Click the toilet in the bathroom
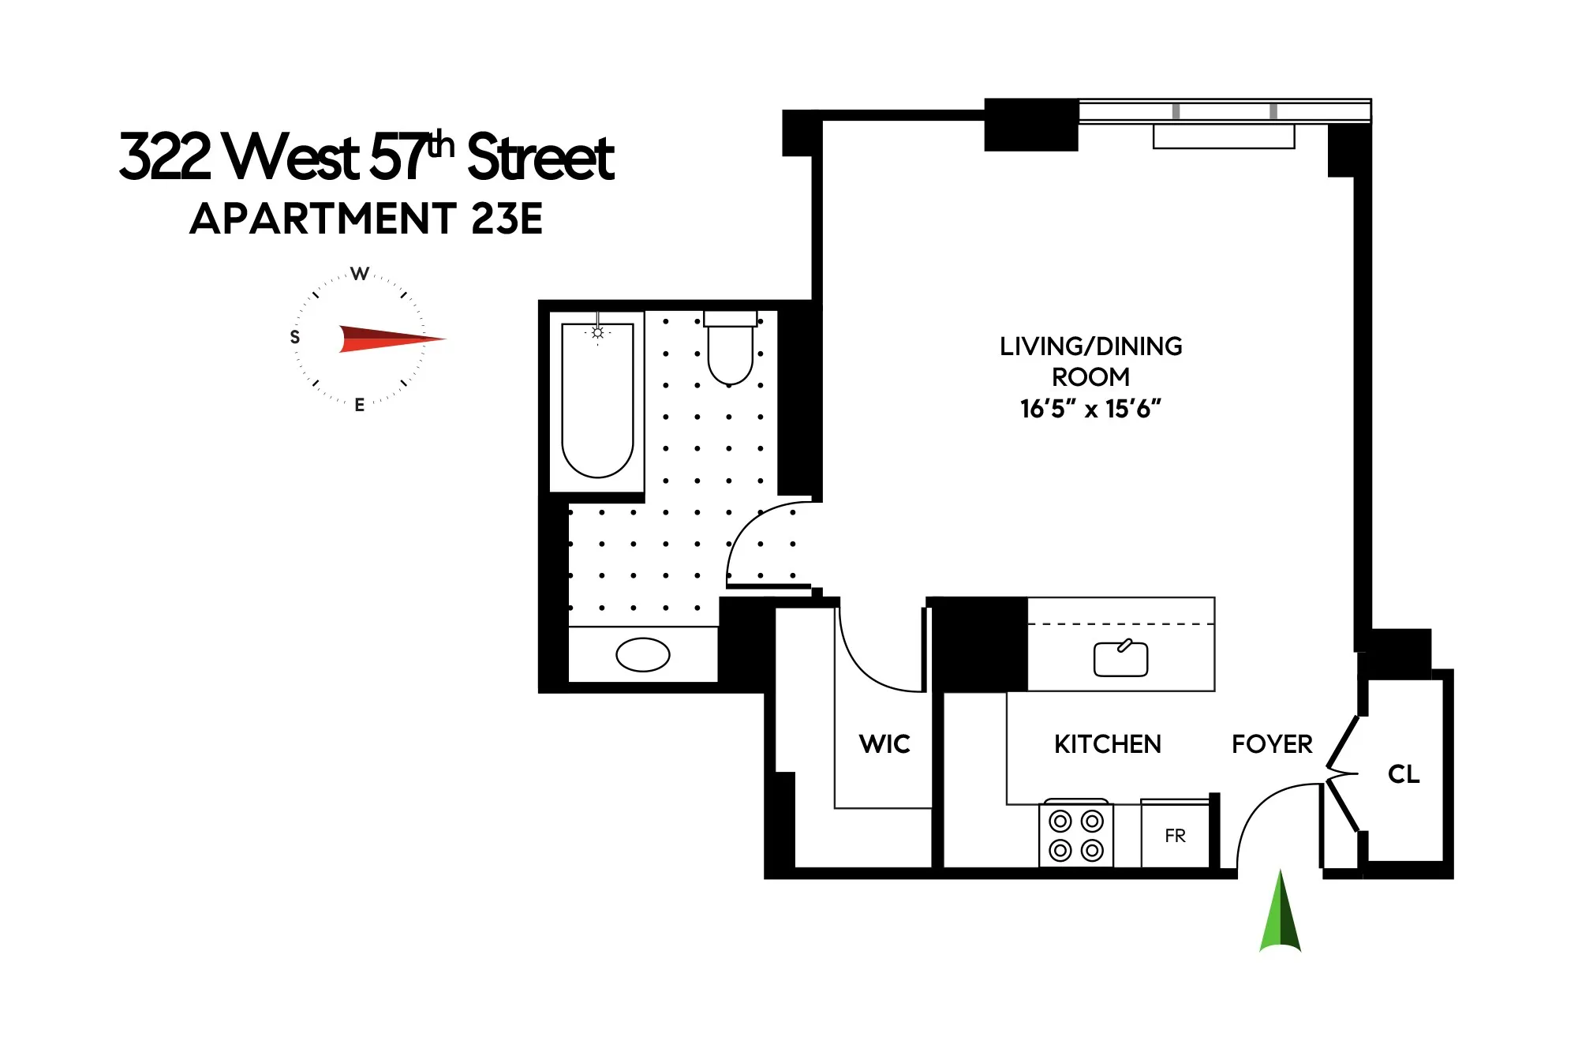(730, 351)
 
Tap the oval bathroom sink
(642, 654)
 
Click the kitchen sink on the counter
(1120, 659)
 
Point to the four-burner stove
(1076, 835)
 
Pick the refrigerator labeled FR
(1175, 836)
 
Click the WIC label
(884, 744)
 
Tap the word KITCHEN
(1108, 744)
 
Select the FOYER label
(1272, 744)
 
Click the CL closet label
(1404, 774)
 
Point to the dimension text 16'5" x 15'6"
(1090, 409)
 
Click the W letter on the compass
(360, 274)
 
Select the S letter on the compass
(295, 337)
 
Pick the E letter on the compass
(360, 405)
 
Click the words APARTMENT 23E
(366, 219)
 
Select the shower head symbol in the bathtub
(597, 333)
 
